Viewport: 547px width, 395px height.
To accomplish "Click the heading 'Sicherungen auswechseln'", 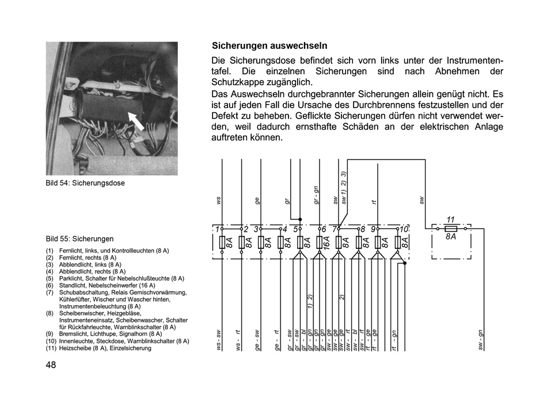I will pos(269,45).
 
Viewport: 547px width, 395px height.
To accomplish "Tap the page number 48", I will pos(51,365).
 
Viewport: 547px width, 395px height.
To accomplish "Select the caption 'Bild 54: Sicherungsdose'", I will pos(85,183).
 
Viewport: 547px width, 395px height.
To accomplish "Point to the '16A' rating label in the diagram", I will pos(327,242).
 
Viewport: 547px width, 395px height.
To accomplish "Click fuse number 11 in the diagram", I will pos(451,219).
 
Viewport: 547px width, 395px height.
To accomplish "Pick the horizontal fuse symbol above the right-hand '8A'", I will pos(451,229).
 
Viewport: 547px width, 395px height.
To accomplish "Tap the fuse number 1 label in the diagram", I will pos(218,229).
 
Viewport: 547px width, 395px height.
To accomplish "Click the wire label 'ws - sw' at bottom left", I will pos(219,340).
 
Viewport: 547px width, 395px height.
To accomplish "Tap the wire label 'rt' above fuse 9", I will pos(374,202).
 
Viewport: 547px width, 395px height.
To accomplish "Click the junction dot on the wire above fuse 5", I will pos(300,219).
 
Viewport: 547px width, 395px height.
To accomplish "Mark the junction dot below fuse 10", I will pos(405,263).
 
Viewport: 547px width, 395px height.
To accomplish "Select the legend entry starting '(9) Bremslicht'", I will pos(104,334).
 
